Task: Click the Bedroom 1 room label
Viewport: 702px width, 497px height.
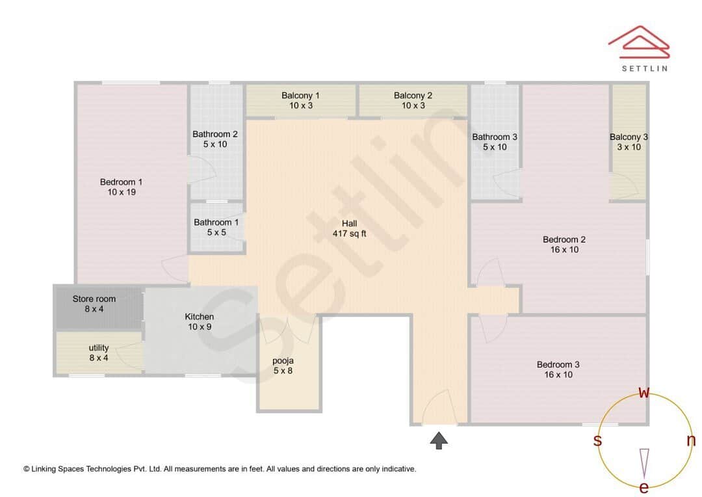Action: (121, 187)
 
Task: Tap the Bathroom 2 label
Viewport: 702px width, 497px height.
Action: (215, 139)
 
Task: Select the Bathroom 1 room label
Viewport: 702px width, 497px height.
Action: (216, 227)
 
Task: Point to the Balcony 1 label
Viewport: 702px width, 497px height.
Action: (300, 100)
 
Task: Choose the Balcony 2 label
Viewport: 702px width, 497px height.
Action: (413, 100)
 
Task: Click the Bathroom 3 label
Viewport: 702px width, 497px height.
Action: (495, 142)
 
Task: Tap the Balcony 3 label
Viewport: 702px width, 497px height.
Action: (629, 142)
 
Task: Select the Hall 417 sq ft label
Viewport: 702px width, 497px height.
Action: (349, 228)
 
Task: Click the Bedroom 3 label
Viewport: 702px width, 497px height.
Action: (558, 369)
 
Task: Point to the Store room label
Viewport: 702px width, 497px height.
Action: (94, 304)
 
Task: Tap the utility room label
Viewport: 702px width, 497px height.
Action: (99, 353)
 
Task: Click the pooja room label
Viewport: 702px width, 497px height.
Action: (283, 366)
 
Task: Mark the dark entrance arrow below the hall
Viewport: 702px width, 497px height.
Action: (439, 440)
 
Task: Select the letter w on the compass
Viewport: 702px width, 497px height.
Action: (644, 392)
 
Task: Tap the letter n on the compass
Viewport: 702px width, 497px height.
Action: (691, 440)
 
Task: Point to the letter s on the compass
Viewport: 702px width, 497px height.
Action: (597, 440)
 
